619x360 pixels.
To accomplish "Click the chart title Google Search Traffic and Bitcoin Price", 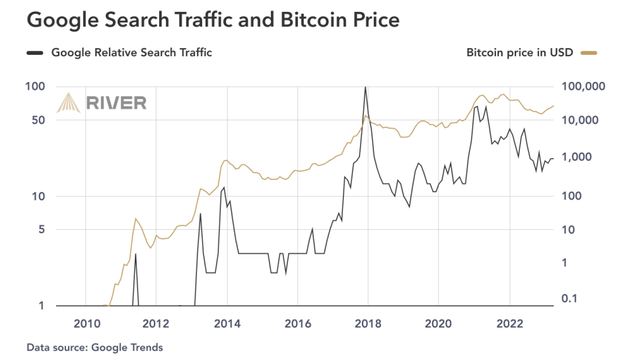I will (x=213, y=20).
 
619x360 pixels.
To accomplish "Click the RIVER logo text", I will (x=116, y=102).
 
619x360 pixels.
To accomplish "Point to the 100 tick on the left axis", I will (x=35, y=87).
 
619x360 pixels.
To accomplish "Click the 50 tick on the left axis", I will (x=38, y=120).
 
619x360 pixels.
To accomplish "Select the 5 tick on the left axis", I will (x=41, y=230).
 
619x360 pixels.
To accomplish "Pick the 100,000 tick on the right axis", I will (x=584, y=87).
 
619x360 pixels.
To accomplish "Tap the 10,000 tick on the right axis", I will (x=587, y=120).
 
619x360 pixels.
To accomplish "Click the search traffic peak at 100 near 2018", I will (x=365, y=87).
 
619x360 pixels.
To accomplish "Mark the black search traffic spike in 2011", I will (x=135, y=254).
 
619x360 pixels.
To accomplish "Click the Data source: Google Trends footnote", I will (x=94, y=347).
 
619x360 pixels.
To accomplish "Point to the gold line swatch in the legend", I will (x=589, y=53).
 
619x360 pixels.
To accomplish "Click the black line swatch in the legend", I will (x=35, y=53).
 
